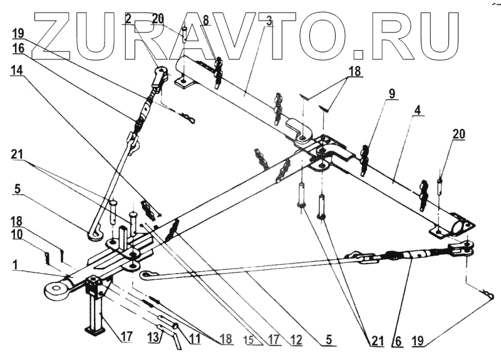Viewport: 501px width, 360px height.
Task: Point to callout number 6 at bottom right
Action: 396,341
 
